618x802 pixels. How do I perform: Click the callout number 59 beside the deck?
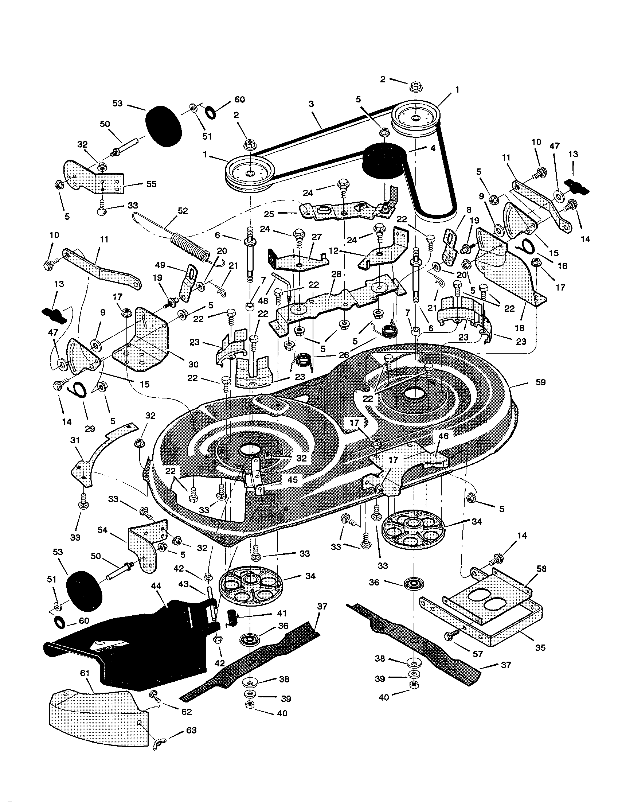(x=540, y=382)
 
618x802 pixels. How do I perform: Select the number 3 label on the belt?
(x=311, y=104)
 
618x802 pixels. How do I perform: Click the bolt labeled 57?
(x=451, y=636)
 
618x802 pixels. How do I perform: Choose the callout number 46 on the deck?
(x=443, y=436)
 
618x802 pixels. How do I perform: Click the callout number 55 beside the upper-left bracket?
(x=152, y=184)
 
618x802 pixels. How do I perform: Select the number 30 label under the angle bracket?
(x=193, y=364)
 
